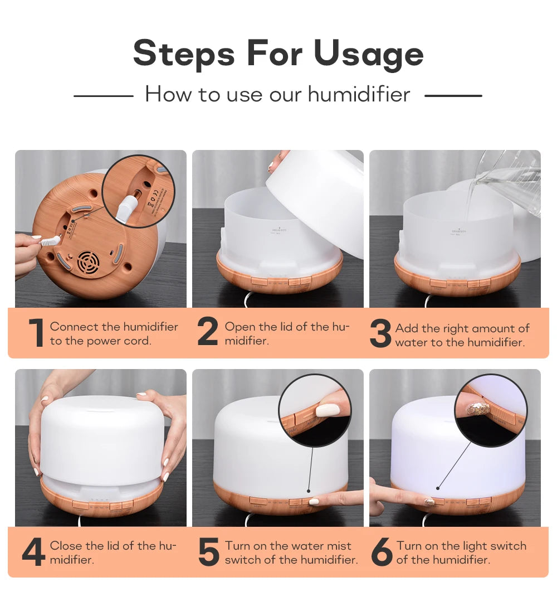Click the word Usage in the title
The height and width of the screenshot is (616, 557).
click(x=368, y=54)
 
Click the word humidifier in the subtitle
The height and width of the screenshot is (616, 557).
click(x=359, y=94)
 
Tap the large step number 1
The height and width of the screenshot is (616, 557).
click(x=36, y=333)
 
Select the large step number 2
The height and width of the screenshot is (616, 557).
click(x=208, y=333)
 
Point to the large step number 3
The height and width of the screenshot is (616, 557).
click(x=380, y=334)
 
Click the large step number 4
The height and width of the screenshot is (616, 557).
click(x=33, y=552)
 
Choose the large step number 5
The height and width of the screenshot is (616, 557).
click(x=209, y=552)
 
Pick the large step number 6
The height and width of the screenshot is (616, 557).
click(x=382, y=552)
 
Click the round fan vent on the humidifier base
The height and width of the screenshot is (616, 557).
click(x=88, y=263)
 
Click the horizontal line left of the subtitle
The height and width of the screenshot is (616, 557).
click(x=103, y=96)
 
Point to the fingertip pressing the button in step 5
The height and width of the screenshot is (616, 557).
click(x=314, y=501)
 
